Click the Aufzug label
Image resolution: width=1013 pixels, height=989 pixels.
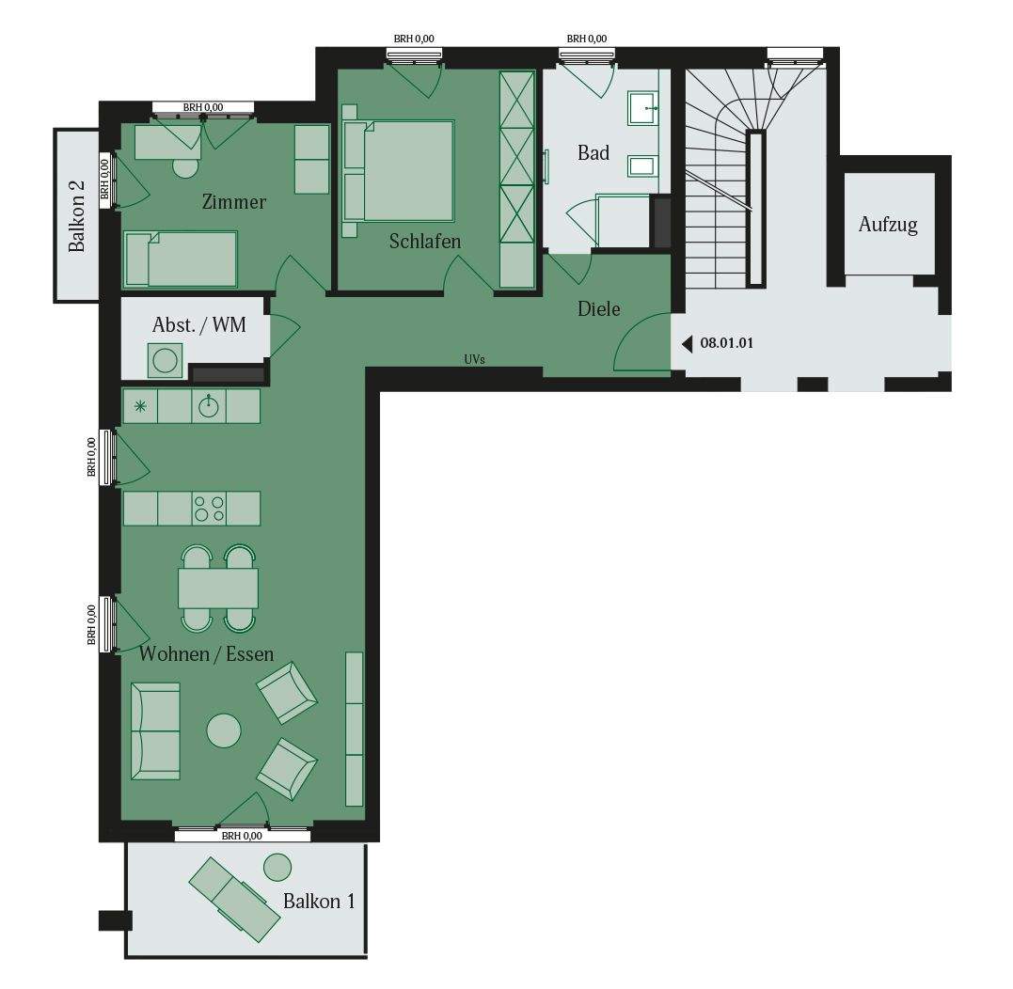click(888, 226)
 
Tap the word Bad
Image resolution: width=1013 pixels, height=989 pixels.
click(594, 152)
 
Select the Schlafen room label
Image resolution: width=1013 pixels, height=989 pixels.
click(425, 242)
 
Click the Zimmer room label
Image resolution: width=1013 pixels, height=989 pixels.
click(233, 202)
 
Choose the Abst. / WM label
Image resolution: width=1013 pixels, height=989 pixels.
click(198, 325)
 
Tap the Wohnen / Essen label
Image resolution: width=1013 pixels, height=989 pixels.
click(206, 652)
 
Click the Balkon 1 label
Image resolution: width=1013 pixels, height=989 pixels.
click(319, 901)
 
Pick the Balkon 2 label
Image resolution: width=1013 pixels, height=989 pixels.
click(78, 216)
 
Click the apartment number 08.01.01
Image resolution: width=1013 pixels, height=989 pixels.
click(727, 344)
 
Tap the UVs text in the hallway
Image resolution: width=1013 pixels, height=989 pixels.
click(474, 360)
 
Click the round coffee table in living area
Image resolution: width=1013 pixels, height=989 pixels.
click(224, 730)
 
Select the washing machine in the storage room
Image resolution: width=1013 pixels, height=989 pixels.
click(166, 360)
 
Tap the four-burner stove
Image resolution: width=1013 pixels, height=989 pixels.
click(209, 509)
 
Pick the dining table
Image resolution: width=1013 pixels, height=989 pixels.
click(218, 589)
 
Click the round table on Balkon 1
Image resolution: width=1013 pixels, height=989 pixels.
click(277, 867)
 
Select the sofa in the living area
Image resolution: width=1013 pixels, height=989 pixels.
click(155, 730)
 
